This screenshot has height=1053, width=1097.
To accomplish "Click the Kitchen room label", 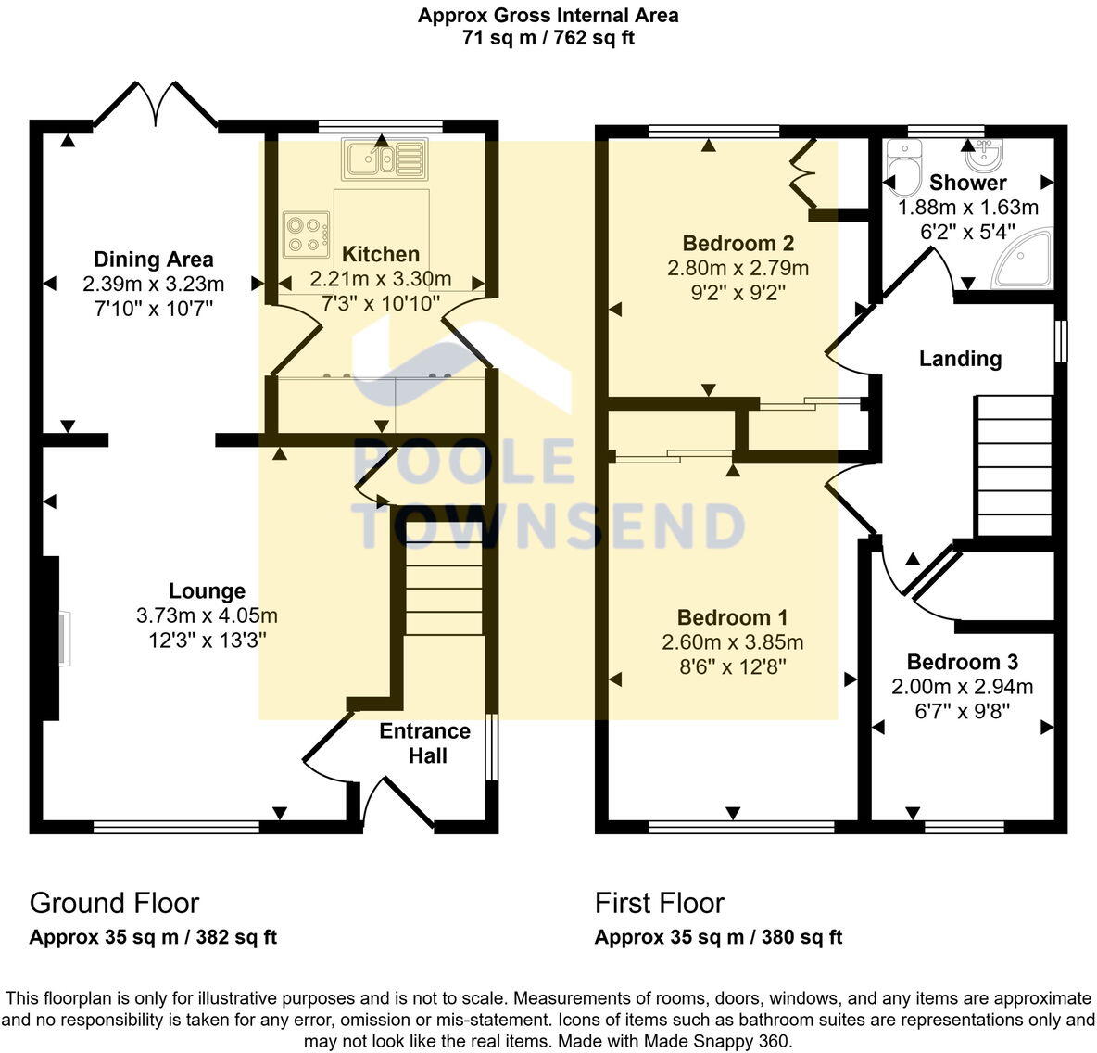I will point(380,254).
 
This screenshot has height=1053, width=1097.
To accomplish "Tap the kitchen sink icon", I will point(383,159).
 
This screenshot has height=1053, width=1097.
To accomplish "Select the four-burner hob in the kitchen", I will point(307,234).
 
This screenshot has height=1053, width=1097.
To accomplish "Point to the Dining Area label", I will point(154,260).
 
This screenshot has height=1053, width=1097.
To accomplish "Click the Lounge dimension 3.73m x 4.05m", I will point(207,615).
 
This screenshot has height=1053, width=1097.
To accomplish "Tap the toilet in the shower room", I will point(902,166).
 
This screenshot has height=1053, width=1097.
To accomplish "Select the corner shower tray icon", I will point(1024,260).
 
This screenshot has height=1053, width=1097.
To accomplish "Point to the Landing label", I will point(960,359).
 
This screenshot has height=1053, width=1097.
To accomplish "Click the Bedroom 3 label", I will point(962,662).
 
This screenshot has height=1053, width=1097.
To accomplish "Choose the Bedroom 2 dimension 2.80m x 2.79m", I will point(738,269).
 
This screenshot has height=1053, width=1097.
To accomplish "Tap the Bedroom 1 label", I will point(732,617).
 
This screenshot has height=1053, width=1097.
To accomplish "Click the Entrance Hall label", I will point(425,743).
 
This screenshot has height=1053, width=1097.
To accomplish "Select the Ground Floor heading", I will point(114,903).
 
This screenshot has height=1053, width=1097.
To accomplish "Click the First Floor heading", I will point(659,903).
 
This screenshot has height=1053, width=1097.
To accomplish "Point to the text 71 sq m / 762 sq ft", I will point(548,38).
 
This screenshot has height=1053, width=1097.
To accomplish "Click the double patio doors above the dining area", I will point(155,104).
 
